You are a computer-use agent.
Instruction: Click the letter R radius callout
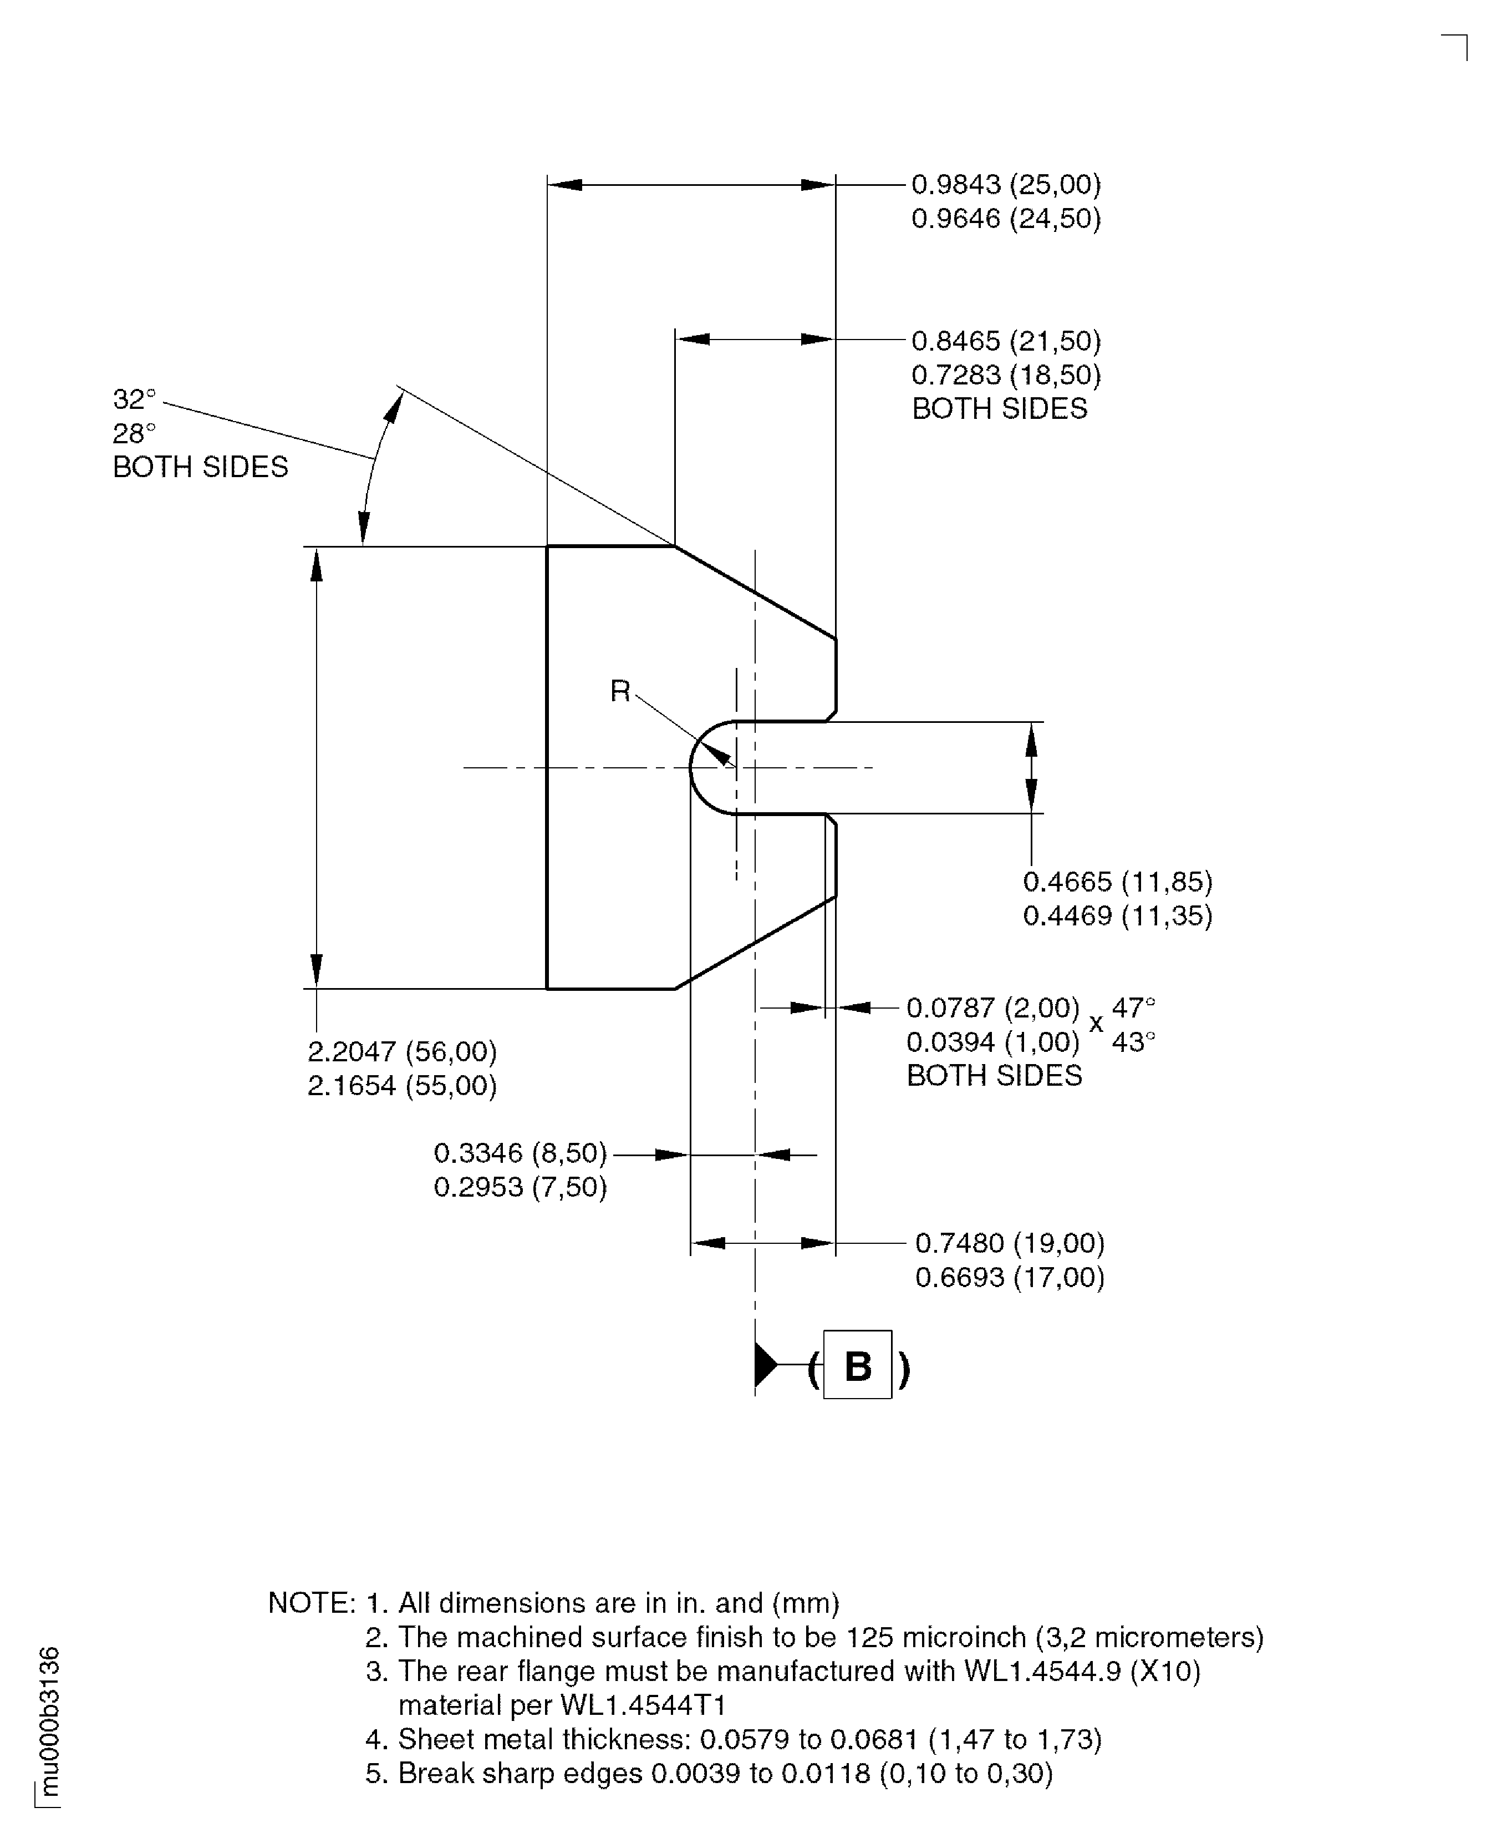coord(619,691)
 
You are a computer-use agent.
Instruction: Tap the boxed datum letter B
coord(857,1366)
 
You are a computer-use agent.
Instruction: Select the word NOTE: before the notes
coord(312,1603)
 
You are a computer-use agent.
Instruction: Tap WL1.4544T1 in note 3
coord(643,1705)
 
